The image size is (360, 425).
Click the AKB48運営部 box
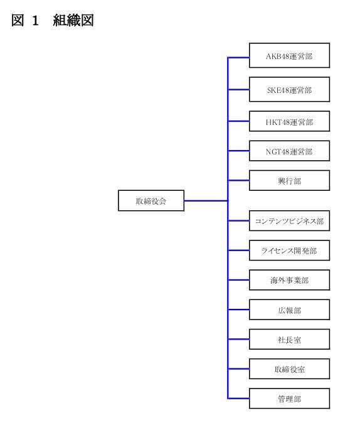click(x=289, y=55)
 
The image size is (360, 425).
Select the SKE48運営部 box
click(x=289, y=89)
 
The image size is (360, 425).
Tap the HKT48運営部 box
click(x=289, y=121)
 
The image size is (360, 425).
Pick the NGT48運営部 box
click(x=289, y=151)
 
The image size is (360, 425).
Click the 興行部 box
click(x=289, y=180)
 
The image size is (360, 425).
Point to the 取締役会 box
click(x=151, y=201)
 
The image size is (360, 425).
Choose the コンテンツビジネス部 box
click(x=289, y=220)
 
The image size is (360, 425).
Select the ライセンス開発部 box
click(x=289, y=250)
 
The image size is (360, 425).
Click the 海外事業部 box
click(x=289, y=280)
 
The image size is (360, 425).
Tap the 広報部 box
click(x=289, y=309)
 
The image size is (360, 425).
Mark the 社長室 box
click(x=289, y=339)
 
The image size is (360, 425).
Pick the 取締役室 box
click(x=289, y=369)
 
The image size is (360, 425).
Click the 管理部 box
click(x=289, y=399)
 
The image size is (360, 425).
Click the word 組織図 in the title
click(x=73, y=20)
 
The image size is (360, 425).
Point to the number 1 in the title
click(x=35, y=21)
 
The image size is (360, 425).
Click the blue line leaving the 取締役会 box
click(x=206, y=201)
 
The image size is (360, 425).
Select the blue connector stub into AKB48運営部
click(x=239, y=58)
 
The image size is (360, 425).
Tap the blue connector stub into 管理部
click(x=239, y=399)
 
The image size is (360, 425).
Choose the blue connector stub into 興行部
click(x=239, y=180)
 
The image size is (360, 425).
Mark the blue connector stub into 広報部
click(x=239, y=309)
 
